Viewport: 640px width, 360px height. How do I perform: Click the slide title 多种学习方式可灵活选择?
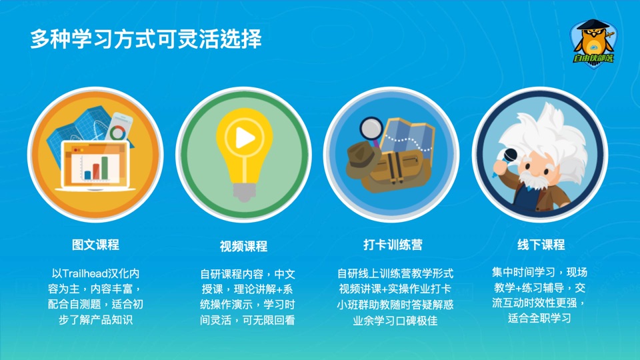pos(146,39)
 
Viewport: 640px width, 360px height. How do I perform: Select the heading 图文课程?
pos(95,245)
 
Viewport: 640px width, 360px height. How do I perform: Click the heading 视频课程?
pos(244,246)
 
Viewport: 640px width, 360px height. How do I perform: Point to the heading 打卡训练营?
pos(393,245)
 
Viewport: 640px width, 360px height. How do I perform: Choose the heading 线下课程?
pos(541,245)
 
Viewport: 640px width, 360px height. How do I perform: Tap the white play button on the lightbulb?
pos(245,138)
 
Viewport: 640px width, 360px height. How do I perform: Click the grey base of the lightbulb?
pos(244,192)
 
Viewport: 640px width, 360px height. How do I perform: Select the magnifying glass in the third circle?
pos(371,130)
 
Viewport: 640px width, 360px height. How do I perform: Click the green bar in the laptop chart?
pos(105,168)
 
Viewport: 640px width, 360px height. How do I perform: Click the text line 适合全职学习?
pos(539,318)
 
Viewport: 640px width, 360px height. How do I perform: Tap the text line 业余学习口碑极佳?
pos(395,321)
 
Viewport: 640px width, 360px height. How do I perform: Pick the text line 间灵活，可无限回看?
pos(247,320)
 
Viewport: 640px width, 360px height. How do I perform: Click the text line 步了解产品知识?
pos(95,319)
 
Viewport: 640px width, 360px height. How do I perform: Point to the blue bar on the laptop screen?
pos(87,175)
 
